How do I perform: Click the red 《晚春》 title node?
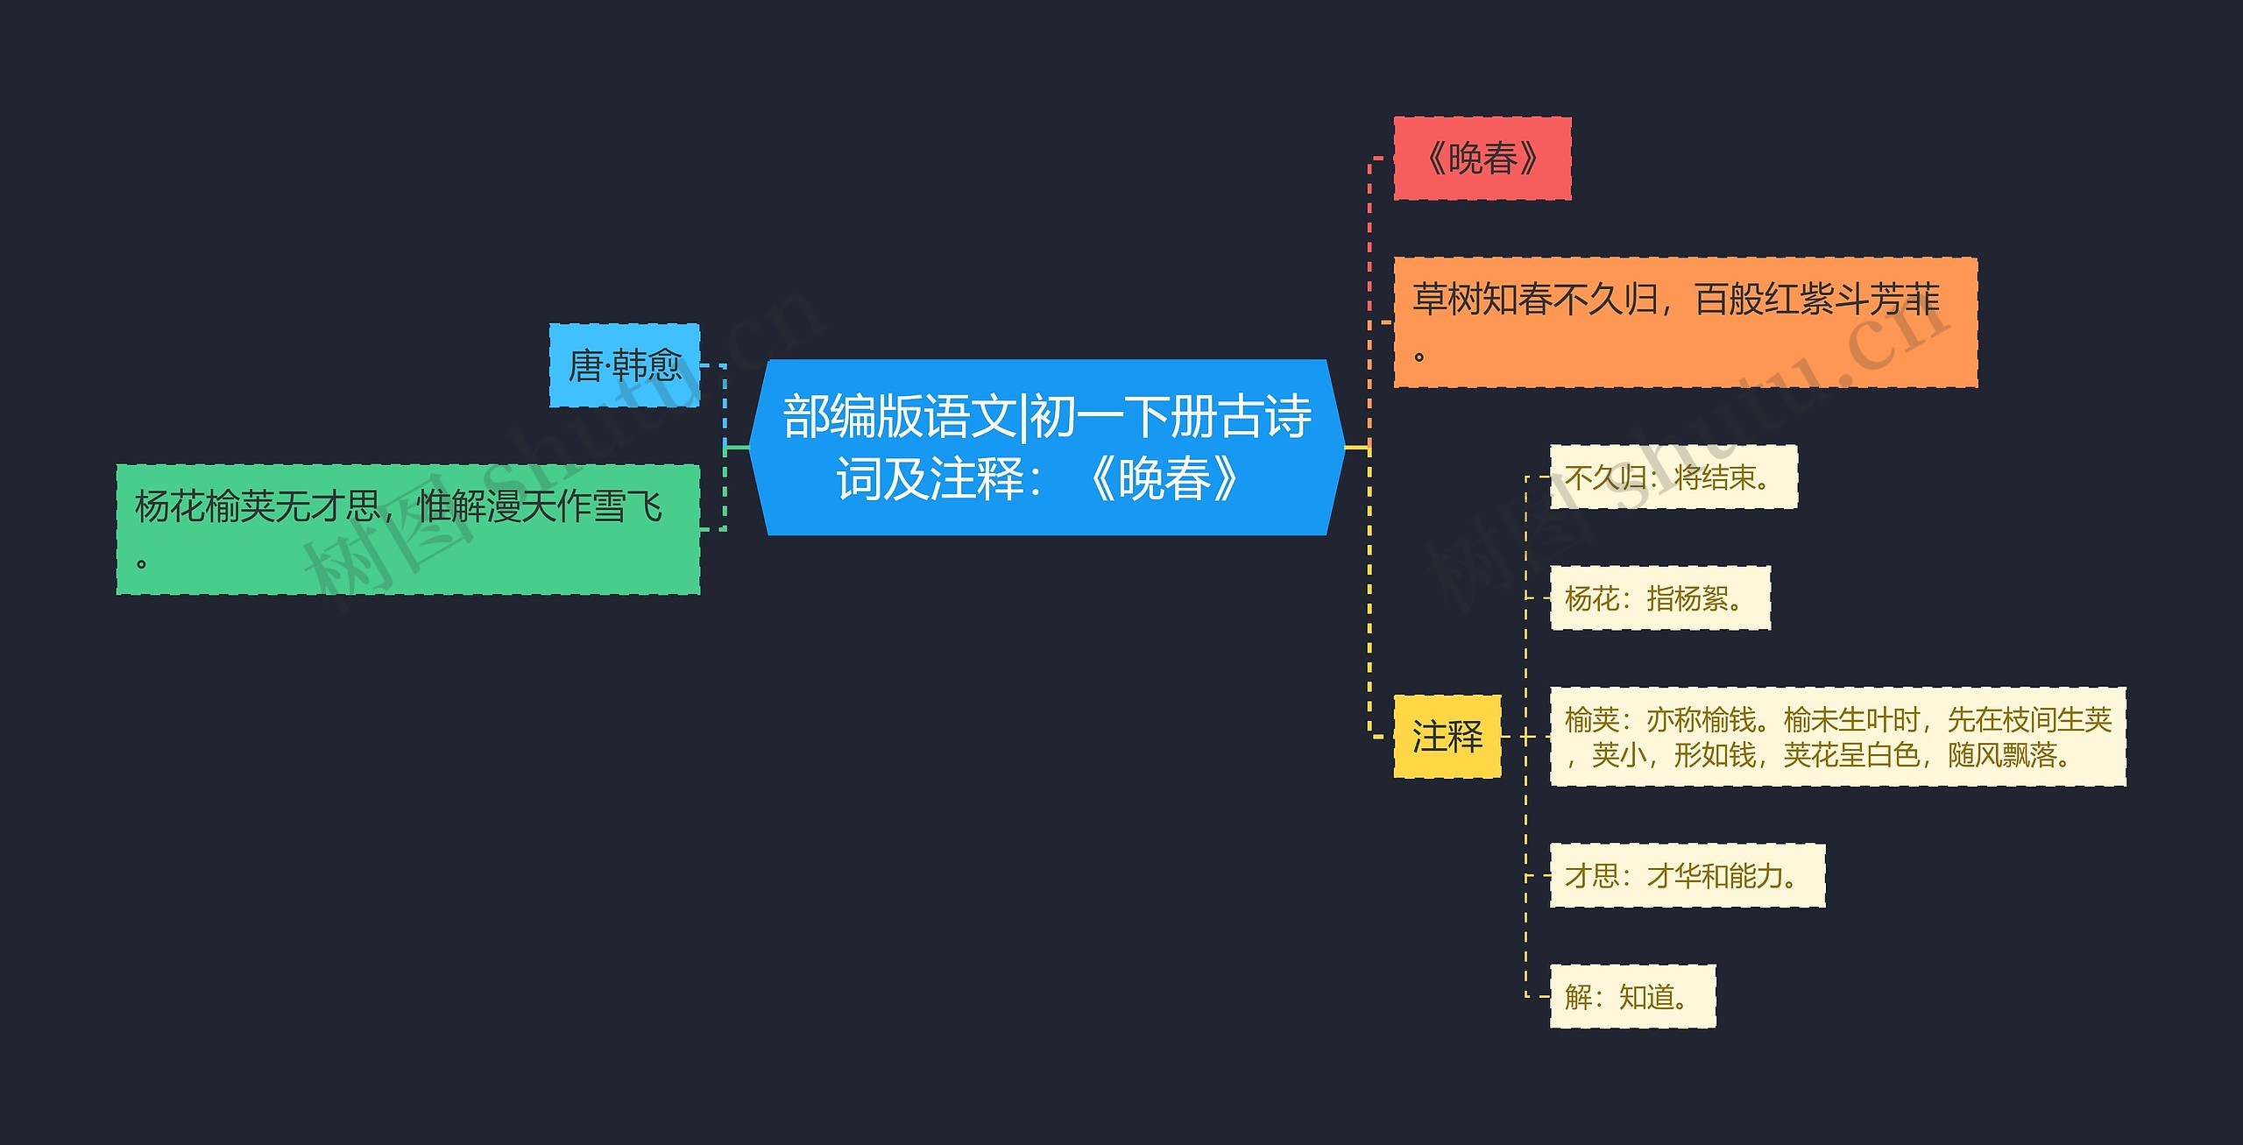(1482, 159)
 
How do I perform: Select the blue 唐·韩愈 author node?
(624, 365)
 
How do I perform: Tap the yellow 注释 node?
(1447, 737)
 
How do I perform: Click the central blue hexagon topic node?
(1046, 447)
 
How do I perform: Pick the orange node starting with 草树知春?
(1684, 322)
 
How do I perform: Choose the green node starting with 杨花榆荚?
(407, 529)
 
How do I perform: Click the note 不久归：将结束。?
(1673, 477)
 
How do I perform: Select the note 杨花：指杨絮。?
(1659, 598)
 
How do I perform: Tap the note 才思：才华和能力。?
(1687, 875)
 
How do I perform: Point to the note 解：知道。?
(1631, 996)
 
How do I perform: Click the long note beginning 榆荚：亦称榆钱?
(1836, 737)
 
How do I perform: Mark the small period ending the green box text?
(141, 563)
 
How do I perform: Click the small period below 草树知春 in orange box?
(1419, 357)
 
